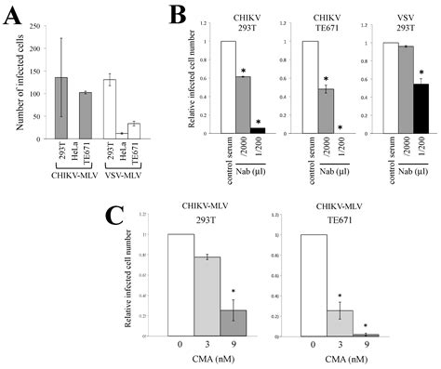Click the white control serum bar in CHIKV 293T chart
pyautogui.click(x=228, y=88)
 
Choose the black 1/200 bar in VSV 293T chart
pyautogui.click(x=421, y=110)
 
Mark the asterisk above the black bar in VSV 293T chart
pyautogui.click(x=421, y=72)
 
